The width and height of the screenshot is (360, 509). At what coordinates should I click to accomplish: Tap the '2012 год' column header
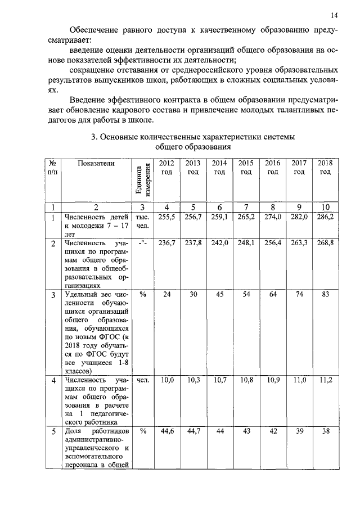coord(166,167)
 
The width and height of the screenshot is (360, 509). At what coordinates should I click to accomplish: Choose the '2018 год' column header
coord(325,167)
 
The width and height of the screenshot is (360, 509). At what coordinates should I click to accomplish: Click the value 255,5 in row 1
coord(166,215)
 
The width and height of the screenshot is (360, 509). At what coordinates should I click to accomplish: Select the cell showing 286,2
coord(325,215)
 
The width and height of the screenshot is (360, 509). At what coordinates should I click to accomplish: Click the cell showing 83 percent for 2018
coord(325,295)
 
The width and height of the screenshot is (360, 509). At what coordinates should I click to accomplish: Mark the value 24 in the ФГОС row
coord(166,295)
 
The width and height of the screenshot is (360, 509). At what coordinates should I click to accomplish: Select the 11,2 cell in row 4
coord(325,381)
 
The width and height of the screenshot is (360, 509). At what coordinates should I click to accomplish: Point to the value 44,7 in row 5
coord(193,431)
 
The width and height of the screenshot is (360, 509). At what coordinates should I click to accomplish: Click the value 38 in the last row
coord(325,431)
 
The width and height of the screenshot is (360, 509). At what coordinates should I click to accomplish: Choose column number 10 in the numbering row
coord(325,206)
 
